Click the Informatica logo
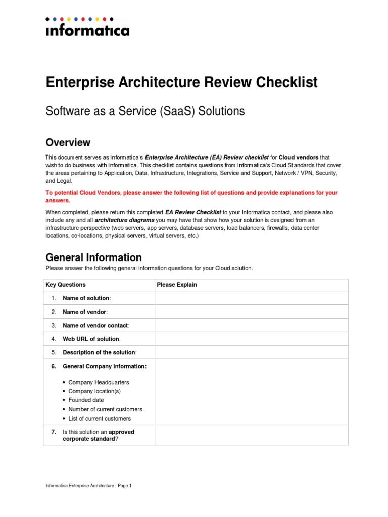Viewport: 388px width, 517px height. [x=87, y=28]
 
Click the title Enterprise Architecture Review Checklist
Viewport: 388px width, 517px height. [x=181, y=82]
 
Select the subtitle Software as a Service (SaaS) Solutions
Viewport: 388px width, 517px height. [x=145, y=111]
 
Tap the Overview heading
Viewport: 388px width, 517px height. [x=68, y=142]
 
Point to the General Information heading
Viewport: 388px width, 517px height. [x=93, y=257]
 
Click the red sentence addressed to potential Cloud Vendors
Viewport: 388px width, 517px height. [x=191, y=196]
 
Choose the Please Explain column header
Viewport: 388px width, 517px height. [x=177, y=285]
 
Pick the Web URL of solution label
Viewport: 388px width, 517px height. [x=91, y=339]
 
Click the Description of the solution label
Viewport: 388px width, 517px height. [x=100, y=352]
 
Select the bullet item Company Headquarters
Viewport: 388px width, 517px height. [x=99, y=382]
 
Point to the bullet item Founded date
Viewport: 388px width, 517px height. [x=86, y=400]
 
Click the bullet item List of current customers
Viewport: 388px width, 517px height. [x=100, y=419]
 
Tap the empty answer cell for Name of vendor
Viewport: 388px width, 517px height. [x=251, y=312]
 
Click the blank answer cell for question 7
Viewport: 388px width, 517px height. [x=251, y=435]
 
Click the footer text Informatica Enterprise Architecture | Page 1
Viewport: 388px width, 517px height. [x=88, y=486]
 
